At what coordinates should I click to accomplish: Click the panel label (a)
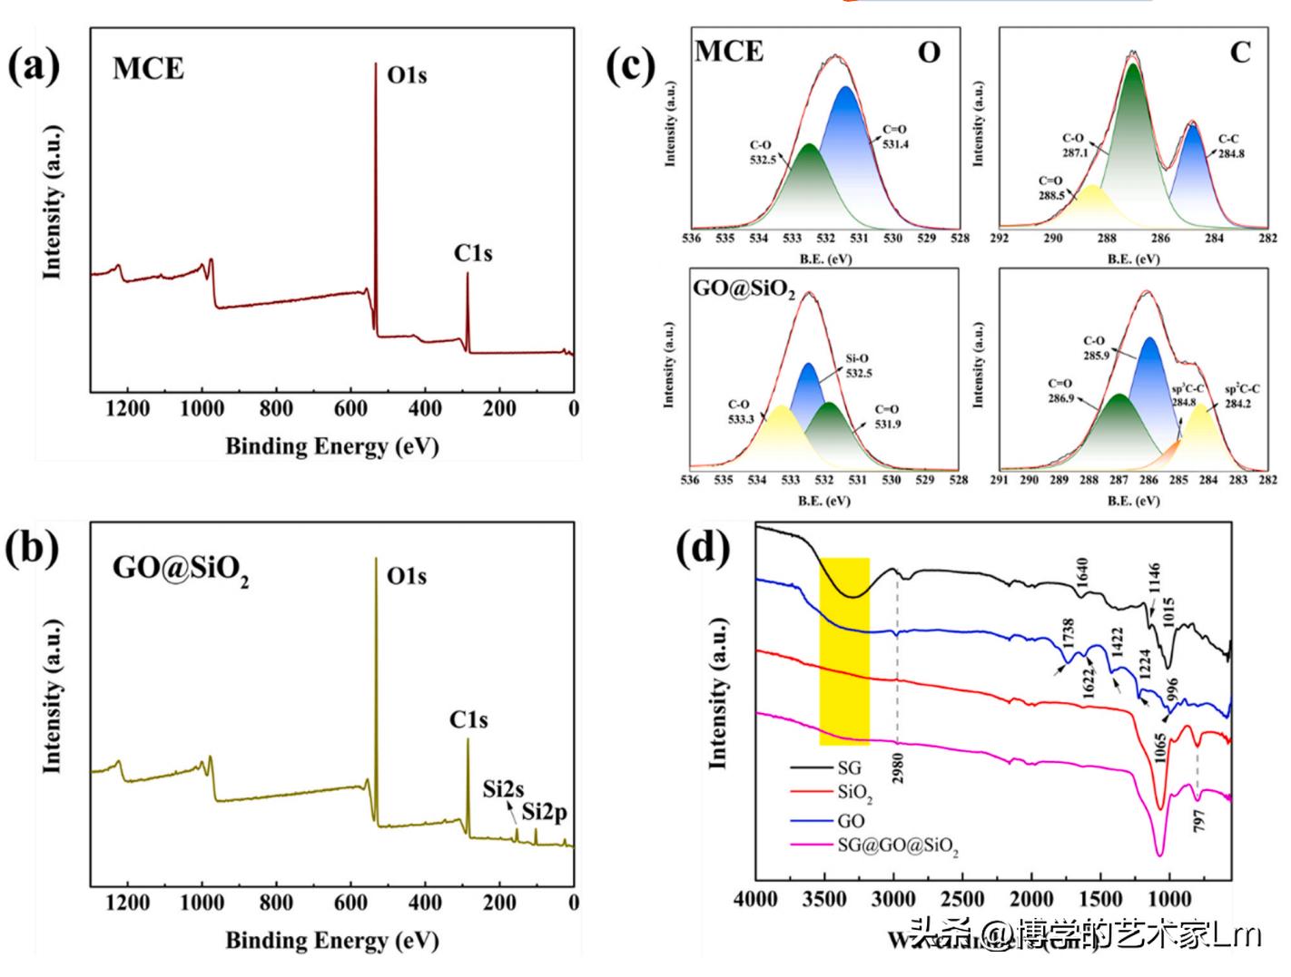click(34, 67)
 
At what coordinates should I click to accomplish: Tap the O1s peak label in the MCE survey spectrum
click(407, 75)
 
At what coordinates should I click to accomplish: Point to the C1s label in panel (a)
click(473, 254)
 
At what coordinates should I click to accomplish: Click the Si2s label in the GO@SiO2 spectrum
click(503, 789)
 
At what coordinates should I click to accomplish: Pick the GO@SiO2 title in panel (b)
click(180, 569)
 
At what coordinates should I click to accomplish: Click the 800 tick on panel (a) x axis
click(276, 408)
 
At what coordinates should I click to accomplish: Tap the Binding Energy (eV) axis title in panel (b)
click(331, 940)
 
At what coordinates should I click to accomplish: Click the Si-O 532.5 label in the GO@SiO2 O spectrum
click(858, 366)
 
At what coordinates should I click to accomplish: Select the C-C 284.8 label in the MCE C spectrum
click(1231, 146)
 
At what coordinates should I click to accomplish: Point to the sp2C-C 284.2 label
click(1242, 396)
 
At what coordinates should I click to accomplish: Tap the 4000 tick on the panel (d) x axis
click(756, 899)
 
